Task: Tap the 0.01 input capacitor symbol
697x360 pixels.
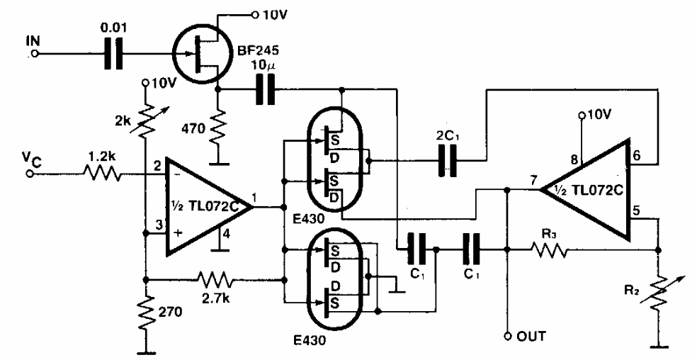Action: tap(113, 55)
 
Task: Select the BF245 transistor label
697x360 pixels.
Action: tap(252, 50)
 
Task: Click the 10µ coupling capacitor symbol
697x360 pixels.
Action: tap(266, 89)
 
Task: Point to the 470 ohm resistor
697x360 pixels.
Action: tap(218, 129)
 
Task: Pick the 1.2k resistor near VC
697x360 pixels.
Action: tap(101, 173)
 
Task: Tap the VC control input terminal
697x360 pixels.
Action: tap(30, 174)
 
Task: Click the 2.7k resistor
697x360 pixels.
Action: tap(215, 281)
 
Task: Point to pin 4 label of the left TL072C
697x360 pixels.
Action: tap(227, 234)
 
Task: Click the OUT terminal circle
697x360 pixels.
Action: tap(508, 334)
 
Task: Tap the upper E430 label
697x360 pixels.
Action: tap(309, 218)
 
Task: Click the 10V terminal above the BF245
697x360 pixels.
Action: tap(255, 15)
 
